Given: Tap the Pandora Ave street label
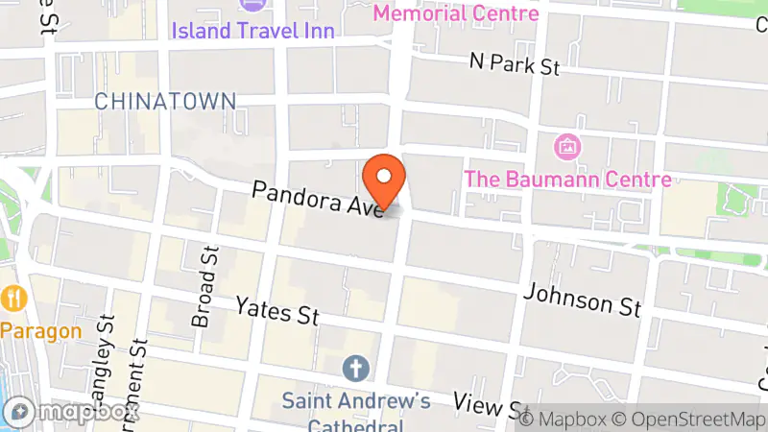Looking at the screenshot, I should [x=317, y=197].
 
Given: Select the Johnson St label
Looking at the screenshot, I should [x=582, y=299].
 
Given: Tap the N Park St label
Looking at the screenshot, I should [x=515, y=64].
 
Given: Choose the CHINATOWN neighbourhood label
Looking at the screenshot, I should [x=164, y=101].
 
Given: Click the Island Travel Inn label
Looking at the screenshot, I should [x=253, y=31].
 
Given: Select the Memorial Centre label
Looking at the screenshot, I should [x=455, y=13].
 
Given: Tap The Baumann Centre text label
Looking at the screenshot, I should [x=566, y=179].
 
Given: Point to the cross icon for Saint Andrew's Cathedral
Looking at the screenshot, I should [x=354, y=368].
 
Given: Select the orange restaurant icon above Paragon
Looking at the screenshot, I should [x=13, y=298].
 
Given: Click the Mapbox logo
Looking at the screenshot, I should [x=71, y=412].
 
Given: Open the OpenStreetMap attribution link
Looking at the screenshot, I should [x=689, y=418].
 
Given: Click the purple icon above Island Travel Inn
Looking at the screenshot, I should [x=253, y=5].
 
